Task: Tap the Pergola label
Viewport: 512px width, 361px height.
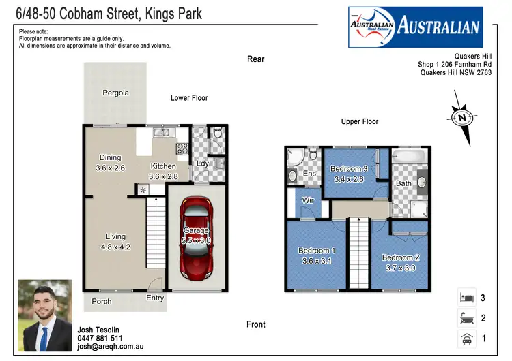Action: [x=115, y=93]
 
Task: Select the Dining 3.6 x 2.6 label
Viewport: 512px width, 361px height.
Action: [x=110, y=161]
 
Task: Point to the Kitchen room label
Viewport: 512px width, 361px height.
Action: [x=163, y=171]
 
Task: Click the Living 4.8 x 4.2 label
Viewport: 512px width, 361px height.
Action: [x=115, y=241]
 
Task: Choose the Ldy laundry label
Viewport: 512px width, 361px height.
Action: [x=203, y=163]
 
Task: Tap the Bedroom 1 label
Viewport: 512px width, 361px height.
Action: [x=317, y=255]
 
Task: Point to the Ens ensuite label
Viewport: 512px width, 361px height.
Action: [x=309, y=174]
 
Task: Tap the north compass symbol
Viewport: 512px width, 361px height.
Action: [x=462, y=118]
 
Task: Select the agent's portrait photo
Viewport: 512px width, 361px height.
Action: [x=44, y=314]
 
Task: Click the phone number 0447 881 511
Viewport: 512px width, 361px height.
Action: [x=100, y=339]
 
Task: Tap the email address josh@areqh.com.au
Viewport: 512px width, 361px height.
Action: [x=110, y=347]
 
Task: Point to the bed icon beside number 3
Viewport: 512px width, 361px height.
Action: [x=466, y=297]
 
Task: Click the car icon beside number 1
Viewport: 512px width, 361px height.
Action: [x=466, y=338]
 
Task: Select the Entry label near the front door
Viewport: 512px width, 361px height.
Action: [x=155, y=298]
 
